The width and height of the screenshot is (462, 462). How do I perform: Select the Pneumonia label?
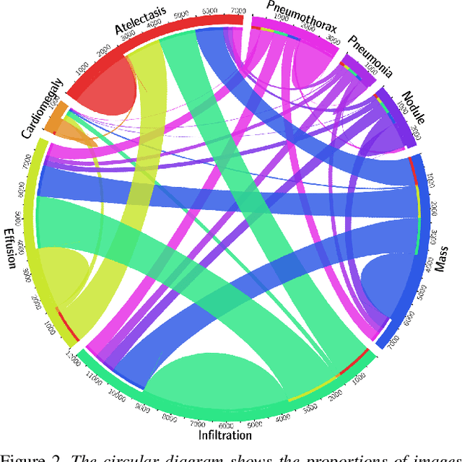(x=370, y=56)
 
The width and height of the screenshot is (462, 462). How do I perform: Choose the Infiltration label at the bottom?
(x=225, y=435)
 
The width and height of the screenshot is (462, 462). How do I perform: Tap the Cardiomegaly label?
(x=42, y=110)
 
